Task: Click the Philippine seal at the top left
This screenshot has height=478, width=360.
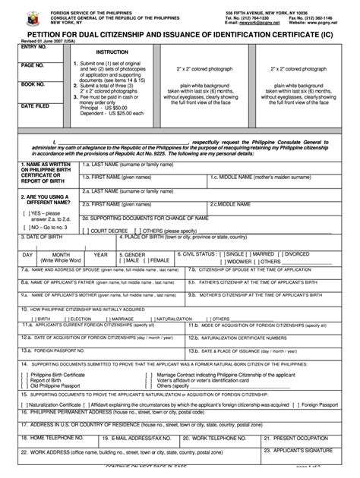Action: click(19, 17)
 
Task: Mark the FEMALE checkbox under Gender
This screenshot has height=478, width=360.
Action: click(148, 260)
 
